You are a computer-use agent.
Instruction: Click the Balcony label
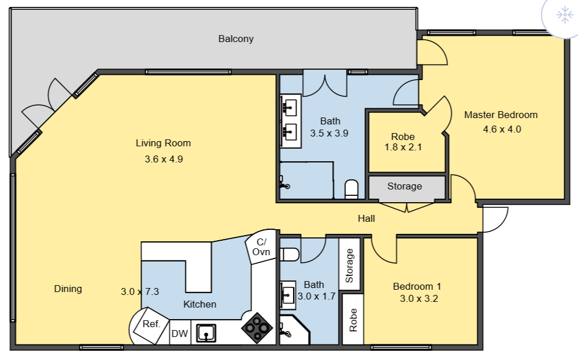pos(235,39)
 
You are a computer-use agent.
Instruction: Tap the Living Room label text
pos(163,143)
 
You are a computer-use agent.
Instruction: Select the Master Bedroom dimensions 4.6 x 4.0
pos(501,129)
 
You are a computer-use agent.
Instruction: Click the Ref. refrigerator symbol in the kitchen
pos(150,324)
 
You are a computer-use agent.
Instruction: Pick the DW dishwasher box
pos(180,334)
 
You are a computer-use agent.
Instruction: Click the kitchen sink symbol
pos(206,333)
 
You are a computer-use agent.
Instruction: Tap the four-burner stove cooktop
pos(257,328)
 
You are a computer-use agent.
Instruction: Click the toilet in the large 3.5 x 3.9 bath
pos(351,188)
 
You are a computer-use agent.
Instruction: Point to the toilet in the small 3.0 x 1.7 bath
pos(290,254)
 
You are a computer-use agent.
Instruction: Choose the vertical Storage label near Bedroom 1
pos(349,266)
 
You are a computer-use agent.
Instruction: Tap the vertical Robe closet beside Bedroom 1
pos(353,320)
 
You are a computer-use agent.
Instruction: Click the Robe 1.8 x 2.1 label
pos(403,142)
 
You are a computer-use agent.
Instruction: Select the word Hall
pos(366,218)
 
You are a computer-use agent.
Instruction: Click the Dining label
pos(68,289)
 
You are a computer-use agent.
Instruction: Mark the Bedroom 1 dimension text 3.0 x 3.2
pos(419,298)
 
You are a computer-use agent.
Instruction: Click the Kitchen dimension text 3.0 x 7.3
pos(139,291)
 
